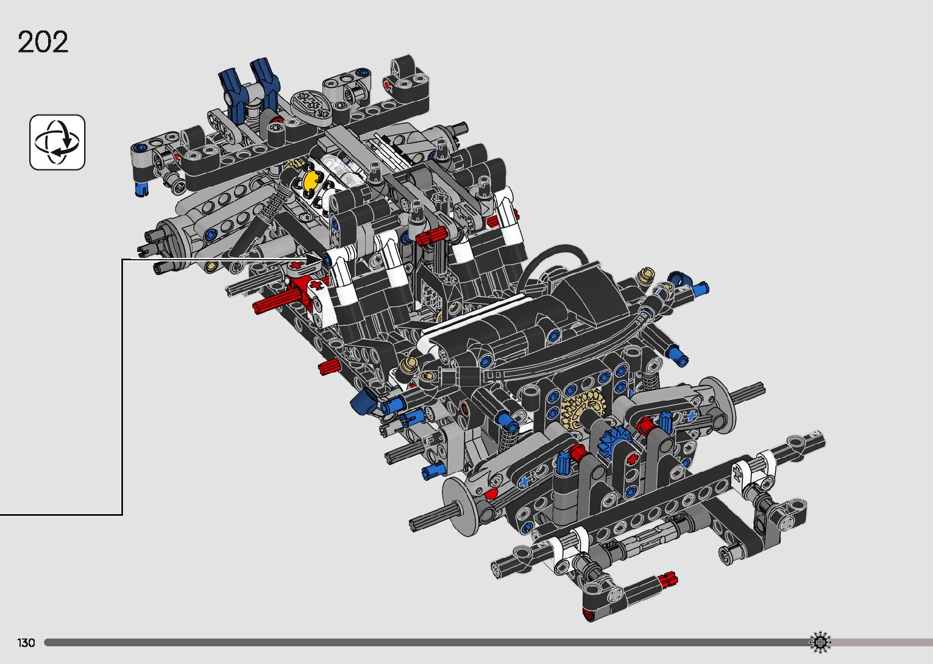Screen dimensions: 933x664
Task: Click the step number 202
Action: [43, 41]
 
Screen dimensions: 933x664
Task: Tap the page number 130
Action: [26, 643]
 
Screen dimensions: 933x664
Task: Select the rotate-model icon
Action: [57, 142]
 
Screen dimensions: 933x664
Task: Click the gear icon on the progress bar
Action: [820, 642]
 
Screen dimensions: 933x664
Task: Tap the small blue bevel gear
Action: [614, 443]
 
